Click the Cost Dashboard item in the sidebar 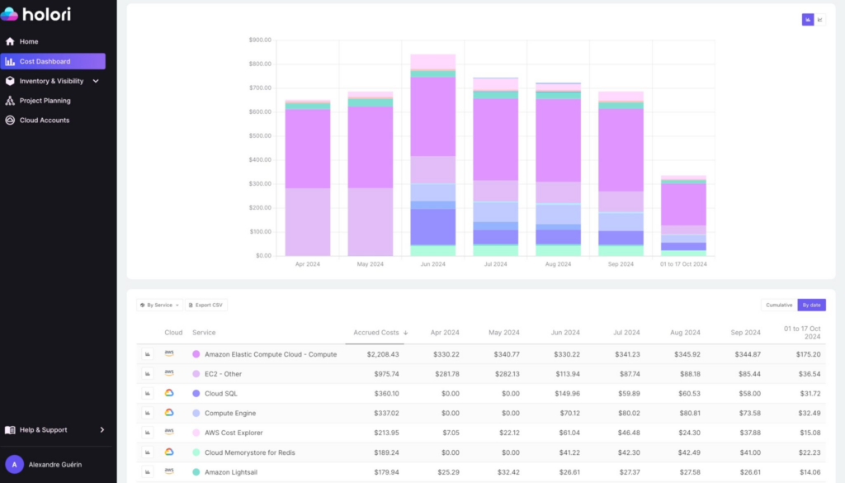pyautogui.click(x=45, y=61)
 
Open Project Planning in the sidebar pyautogui.click(x=45, y=101)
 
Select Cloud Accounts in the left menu pyautogui.click(x=44, y=121)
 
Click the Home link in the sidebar pyautogui.click(x=29, y=41)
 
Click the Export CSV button pyautogui.click(x=205, y=305)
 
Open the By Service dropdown pyautogui.click(x=159, y=305)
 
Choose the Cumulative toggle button pyautogui.click(x=778, y=305)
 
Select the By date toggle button pyautogui.click(x=811, y=305)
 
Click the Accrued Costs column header pyautogui.click(x=375, y=333)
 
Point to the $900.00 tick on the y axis pyautogui.click(x=260, y=40)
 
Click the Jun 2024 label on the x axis pyautogui.click(x=433, y=264)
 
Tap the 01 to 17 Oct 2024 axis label pyautogui.click(x=682, y=264)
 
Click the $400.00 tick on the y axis pyautogui.click(x=260, y=159)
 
